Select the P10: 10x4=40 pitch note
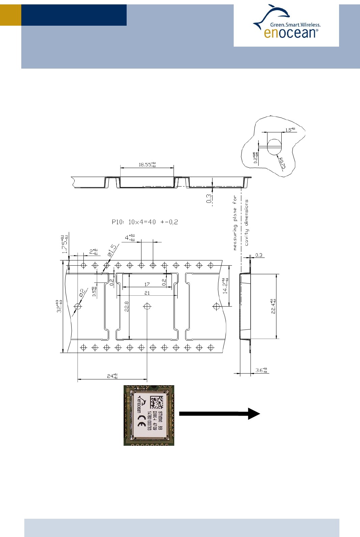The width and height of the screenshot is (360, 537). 145,222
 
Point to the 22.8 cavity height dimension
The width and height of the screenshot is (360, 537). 127,306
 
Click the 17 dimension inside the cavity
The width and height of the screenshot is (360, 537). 147,284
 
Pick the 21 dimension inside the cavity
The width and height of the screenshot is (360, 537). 147,293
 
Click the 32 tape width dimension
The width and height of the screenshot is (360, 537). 59,306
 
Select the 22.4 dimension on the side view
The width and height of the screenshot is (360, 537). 274,306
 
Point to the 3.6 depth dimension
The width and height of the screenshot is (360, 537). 261,370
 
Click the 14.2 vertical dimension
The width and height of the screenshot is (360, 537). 225,286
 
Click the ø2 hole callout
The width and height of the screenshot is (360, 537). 81,293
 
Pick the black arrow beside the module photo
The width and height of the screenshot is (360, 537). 219,413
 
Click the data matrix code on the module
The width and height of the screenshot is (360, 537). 156,402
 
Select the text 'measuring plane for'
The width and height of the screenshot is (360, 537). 235,223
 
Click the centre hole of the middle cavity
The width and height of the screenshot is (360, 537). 147,306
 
